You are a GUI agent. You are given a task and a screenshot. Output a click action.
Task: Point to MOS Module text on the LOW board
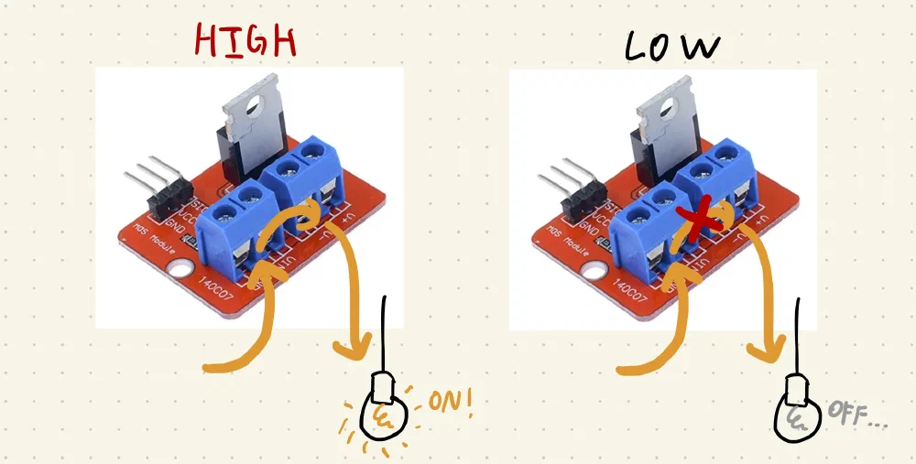(563, 238)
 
